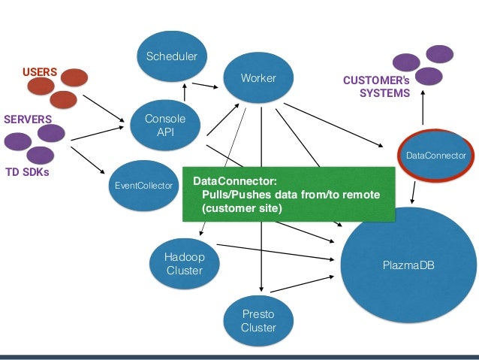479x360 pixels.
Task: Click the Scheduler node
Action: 172,56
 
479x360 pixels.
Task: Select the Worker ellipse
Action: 258,77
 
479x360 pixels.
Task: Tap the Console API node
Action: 165,125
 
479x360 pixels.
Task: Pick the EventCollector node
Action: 143,186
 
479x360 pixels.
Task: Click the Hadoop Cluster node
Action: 185,264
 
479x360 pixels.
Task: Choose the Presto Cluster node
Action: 258,321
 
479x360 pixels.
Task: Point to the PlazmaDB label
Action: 408,265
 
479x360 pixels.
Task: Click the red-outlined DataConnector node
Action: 436,156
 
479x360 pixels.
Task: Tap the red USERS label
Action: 40,72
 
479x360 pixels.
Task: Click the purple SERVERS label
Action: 28,119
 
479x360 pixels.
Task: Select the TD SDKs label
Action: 27,172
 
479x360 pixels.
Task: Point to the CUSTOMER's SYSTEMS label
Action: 376,86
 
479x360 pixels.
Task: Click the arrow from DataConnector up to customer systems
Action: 423,107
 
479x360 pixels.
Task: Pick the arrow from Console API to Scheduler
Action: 185,92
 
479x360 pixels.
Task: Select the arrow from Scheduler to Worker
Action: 205,86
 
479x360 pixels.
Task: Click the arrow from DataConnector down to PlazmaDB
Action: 414,192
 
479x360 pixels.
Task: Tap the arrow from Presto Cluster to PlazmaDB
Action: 302,284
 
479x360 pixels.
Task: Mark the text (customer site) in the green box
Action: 242,208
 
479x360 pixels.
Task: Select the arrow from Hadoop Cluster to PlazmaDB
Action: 276,253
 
